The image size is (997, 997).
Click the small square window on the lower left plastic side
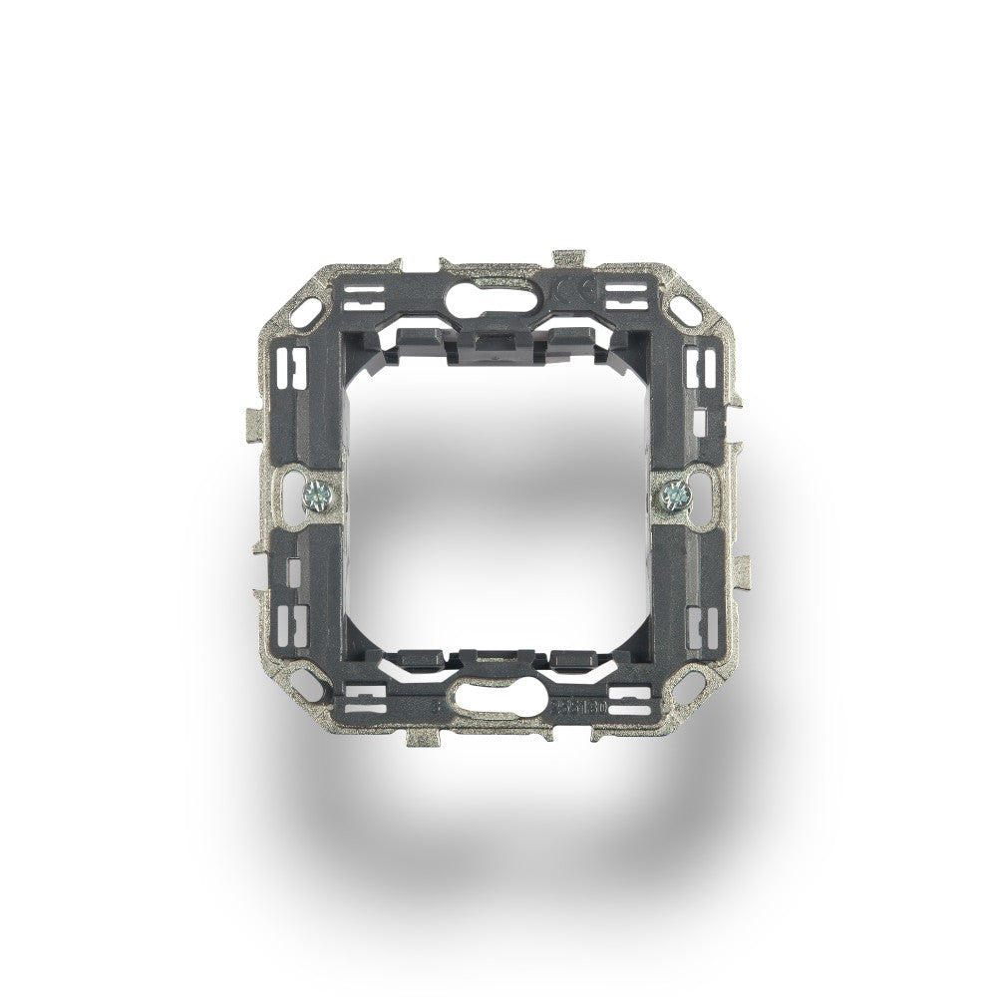coord(293,572)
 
